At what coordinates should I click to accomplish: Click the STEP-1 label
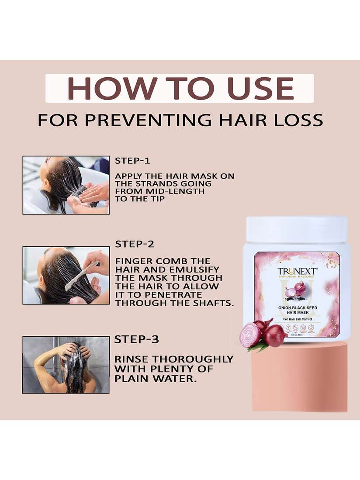(x=132, y=161)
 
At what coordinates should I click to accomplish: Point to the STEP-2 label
(x=135, y=244)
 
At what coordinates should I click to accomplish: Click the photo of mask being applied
(x=66, y=185)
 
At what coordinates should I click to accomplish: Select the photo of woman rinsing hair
(x=66, y=365)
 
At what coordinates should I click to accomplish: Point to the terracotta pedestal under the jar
(x=300, y=380)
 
